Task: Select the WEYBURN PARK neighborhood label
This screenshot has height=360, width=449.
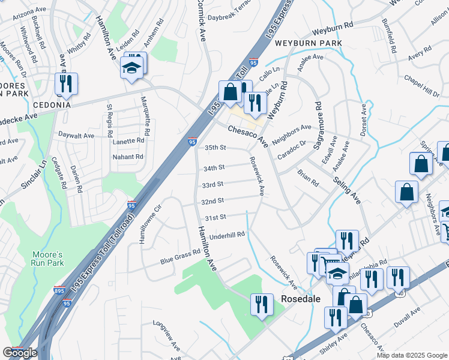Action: coord(309,43)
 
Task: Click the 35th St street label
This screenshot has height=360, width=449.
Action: coord(215,147)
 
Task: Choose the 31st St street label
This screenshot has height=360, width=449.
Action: coord(215,217)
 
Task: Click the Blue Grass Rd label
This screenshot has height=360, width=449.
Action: coord(179,257)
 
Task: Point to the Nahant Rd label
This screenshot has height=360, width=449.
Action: coord(128,157)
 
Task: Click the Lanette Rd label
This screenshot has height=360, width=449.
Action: coord(128,140)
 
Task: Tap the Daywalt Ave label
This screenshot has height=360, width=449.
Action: coord(76,136)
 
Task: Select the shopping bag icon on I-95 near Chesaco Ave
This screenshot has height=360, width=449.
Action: coord(229,92)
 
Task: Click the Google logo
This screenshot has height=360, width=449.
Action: coord(20,353)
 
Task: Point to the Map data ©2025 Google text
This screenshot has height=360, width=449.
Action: coord(411,355)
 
